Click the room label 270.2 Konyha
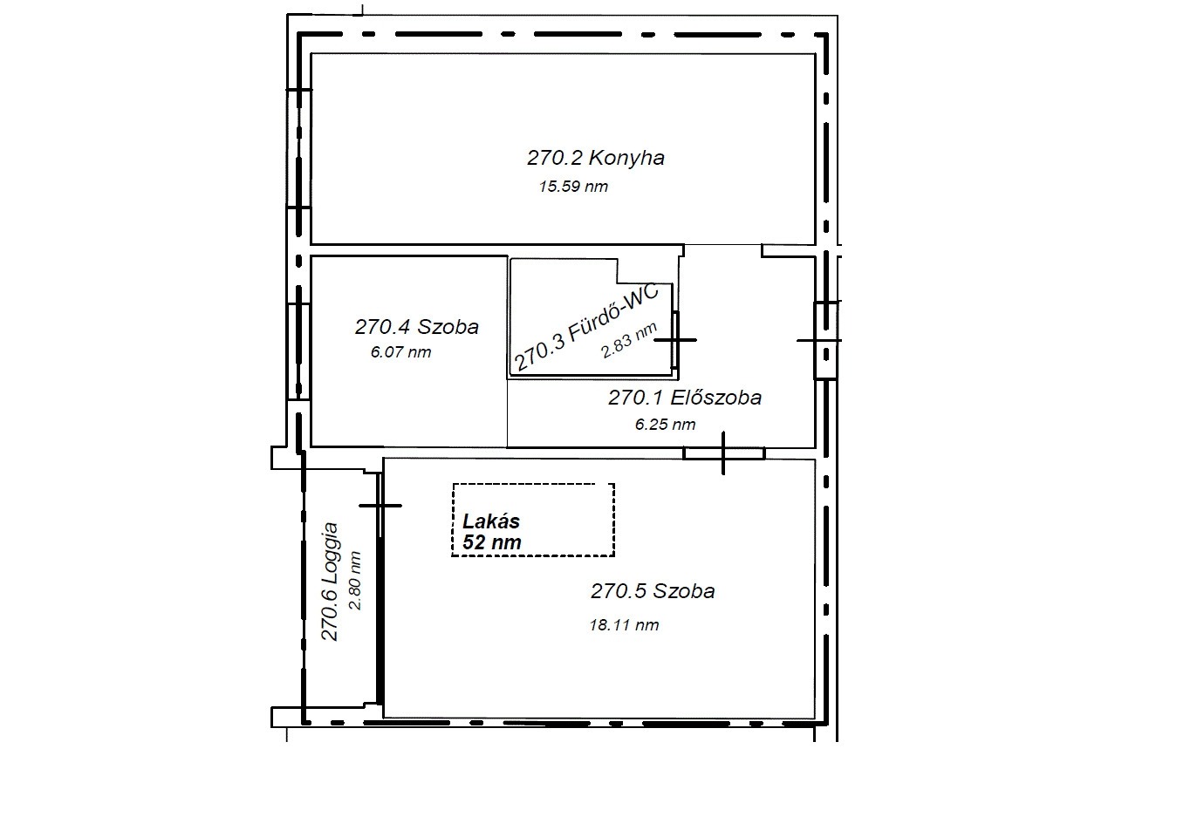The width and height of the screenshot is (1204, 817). pyautogui.click(x=596, y=158)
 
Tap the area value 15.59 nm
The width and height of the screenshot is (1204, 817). pyautogui.click(x=573, y=187)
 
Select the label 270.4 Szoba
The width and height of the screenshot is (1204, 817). pyautogui.click(x=416, y=327)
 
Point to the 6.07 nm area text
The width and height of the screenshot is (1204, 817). pyautogui.click(x=401, y=352)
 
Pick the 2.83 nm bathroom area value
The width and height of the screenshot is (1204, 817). pyautogui.click(x=629, y=341)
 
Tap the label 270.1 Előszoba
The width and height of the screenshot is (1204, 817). pyautogui.click(x=685, y=398)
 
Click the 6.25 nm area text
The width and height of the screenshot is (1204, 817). pyautogui.click(x=666, y=425)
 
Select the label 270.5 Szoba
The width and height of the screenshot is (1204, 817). pyautogui.click(x=653, y=591)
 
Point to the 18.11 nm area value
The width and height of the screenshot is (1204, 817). pyautogui.click(x=624, y=625)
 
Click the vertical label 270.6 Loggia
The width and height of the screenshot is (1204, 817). pyautogui.click(x=329, y=582)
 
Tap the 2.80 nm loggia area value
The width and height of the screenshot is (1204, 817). pyautogui.click(x=355, y=581)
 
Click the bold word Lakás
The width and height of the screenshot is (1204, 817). pyautogui.click(x=491, y=521)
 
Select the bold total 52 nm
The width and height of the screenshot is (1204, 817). pyautogui.click(x=492, y=542)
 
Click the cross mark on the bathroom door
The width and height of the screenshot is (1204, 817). pyautogui.click(x=675, y=340)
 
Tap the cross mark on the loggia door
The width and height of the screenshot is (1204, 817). pyautogui.click(x=380, y=506)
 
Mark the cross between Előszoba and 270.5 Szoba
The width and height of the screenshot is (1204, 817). pyautogui.click(x=723, y=453)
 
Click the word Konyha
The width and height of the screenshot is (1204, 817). pyautogui.click(x=626, y=158)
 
